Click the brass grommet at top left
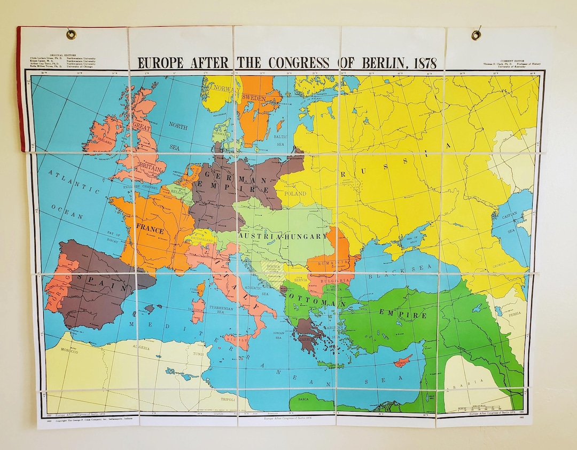point(71,35)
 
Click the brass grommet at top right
point(476,35)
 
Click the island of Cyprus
point(402,361)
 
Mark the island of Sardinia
point(198,309)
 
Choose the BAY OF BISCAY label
point(114,236)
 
